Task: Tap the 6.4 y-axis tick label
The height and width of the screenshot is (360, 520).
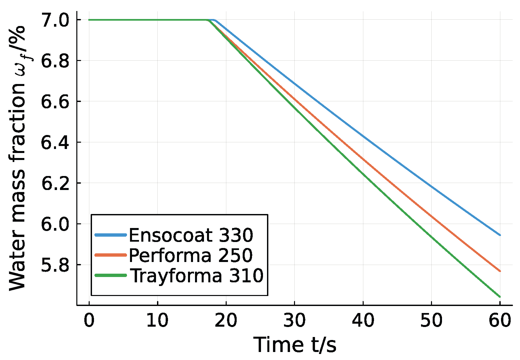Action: [x=55, y=143]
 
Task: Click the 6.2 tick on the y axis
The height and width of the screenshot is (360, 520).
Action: [x=55, y=183]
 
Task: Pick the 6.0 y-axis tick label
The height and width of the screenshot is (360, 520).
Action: [x=55, y=224]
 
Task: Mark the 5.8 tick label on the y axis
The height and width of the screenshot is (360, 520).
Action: [x=55, y=265]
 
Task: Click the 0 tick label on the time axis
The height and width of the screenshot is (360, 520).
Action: [x=89, y=321]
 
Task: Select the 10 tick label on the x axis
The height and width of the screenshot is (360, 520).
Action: [x=157, y=321]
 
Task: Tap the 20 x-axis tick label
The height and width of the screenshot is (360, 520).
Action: [x=226, y=321]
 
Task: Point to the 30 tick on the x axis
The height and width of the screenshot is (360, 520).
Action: [x=294, y=321]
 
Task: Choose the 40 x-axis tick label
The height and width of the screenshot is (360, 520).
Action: [x=363, y=321]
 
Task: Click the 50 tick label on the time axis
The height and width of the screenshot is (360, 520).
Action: [x=431, y=321]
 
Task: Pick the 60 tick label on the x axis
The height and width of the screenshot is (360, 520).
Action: [x=500, y=321]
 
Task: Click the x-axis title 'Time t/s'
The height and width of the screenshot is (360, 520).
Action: [x=295, y=345]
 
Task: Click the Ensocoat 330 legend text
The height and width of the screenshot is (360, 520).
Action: [x=191, y=235]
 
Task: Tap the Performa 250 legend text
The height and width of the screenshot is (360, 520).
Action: [x=191, y=256]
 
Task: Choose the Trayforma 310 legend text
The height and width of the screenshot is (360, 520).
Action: [x=196, y=276]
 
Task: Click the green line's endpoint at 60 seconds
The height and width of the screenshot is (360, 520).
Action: [x=500, y=296]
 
